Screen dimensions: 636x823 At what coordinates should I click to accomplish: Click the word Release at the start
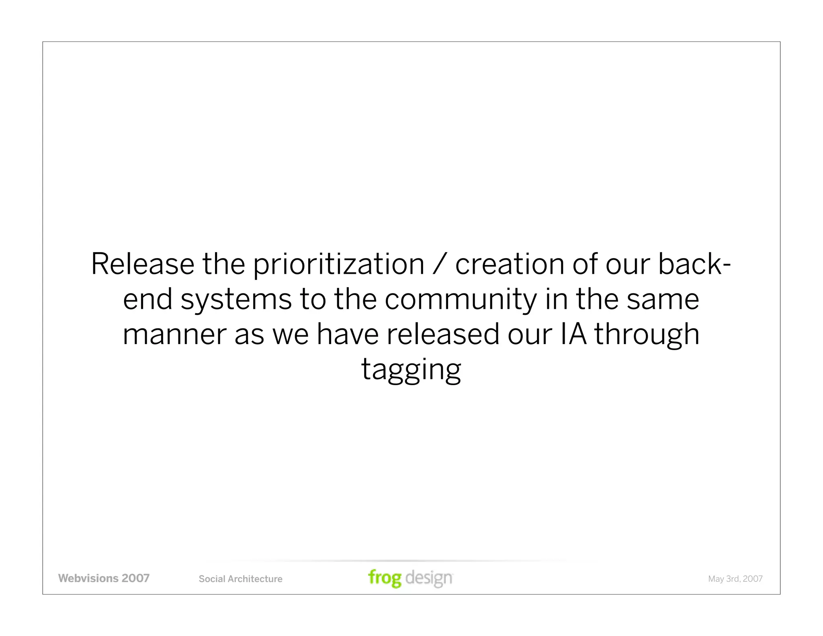[143, 264]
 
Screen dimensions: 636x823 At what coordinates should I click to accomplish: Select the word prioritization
[338, 264]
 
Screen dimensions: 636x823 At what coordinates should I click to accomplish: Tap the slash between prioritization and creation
[440, 264]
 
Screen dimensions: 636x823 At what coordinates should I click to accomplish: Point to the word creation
[510, 264]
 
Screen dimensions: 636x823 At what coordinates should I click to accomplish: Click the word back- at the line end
[694, 264]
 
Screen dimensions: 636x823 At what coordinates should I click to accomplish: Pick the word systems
[236, 300]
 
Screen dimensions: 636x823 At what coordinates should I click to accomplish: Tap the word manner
[174, 335]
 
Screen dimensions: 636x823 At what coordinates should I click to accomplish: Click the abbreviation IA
[573, 335]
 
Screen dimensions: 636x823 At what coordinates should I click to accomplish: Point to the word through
[647, 335]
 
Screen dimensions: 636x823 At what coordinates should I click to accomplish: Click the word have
[347, 335]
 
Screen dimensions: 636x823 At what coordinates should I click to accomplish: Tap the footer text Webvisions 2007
[104, 579]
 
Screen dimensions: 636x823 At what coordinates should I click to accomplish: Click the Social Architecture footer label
[240, 579]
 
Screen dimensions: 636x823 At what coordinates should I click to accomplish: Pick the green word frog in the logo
[385, 578]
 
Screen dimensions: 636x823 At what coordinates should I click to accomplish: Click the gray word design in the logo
[429, 578]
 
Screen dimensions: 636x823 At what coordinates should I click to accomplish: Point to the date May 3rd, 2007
[735, 579]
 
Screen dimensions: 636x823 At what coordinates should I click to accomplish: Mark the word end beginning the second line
[147, 300]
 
